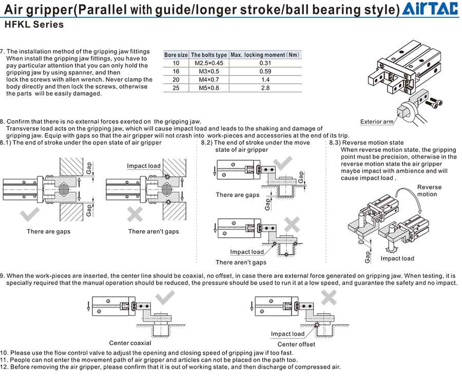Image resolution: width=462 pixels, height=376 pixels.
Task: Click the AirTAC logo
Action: [x=430, y=9]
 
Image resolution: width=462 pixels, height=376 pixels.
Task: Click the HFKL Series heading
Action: [x=34, y=24]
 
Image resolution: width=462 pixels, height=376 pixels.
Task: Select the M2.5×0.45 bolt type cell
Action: [x=209, y=63]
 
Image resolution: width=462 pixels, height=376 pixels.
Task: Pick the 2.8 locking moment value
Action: [x=265, y=88]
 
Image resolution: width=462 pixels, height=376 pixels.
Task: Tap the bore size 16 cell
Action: [x=176, y=71]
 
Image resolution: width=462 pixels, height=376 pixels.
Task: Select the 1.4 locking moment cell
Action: [x=265, y=80]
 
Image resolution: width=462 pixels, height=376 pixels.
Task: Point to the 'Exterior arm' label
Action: [x=377, y=122]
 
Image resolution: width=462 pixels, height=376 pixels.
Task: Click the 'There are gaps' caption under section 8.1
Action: [x=49, y=232]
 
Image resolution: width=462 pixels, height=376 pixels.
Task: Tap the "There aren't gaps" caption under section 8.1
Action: [x=153, y=232]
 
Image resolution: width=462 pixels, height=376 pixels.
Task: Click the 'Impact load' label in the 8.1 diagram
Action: [x=144, y=166]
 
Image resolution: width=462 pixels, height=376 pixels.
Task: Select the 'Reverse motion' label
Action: [x=429, y=191]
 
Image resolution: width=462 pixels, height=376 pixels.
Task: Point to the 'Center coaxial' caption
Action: [x=130, y=343]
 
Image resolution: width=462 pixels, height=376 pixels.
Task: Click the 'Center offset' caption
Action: [x=296, y=344]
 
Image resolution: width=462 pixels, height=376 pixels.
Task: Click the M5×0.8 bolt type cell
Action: [x=209, y=88]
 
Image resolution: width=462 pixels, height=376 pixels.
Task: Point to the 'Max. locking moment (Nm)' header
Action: [x=265, y=55]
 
